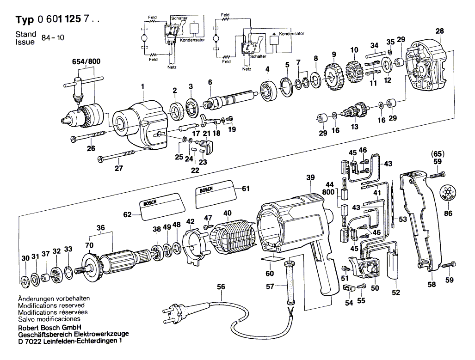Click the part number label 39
pos(310,177)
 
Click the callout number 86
pos(447,214)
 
